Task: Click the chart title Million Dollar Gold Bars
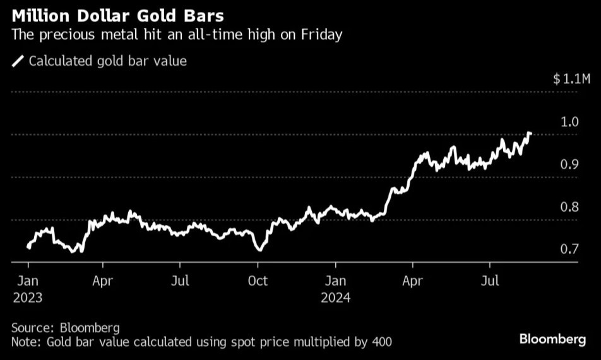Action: [116, 14]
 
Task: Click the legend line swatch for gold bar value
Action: [18, 61]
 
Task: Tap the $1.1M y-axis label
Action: [572, 79]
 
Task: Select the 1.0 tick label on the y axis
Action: [569, 122]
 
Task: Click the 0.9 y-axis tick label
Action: [569, 165]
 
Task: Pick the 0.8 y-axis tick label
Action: [569, 207]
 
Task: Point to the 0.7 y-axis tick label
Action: [569, 249]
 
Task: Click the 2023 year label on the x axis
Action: [27, 297]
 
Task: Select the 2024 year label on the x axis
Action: [336, 297]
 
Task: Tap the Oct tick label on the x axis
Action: [258, 281]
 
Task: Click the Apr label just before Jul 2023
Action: [103, 281]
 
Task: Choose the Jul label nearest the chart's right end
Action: [490, 281]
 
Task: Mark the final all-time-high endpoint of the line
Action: [530, 134]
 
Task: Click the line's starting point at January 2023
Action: [28, 247]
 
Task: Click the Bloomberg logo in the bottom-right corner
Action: [552, 340]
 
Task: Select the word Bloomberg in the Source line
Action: [90, 328]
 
